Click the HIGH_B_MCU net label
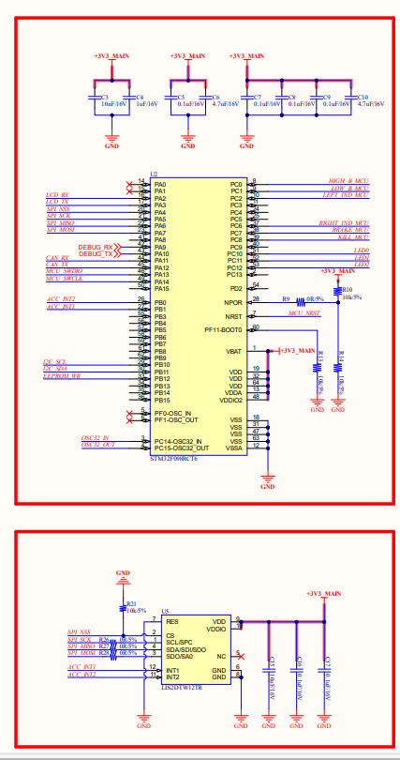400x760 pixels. pos(348,180)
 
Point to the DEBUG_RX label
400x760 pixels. pos(95,247)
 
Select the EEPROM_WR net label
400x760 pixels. pos(63,375)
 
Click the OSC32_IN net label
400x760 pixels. pos(95,438)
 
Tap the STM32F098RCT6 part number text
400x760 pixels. pos(173,459)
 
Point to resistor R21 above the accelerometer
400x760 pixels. pos(124,608)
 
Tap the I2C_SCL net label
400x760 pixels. pos(54,362)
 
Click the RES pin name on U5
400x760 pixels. pos(172,621)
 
